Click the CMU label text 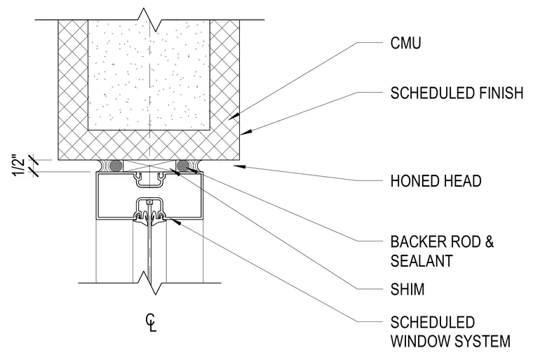(405, 44)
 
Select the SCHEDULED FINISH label (457, 93)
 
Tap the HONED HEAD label (436, 181)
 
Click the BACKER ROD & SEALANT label (442, 251)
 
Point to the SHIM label (407, 289)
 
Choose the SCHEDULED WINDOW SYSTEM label (450, 332)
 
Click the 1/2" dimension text (20, 166)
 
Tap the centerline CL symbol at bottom (151, 323)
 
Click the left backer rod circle (116, 166)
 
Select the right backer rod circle (183, 166)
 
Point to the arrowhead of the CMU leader (234, 116)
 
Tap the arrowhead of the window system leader (175, 222)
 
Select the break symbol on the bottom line (150, 283)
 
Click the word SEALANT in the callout (421, 261)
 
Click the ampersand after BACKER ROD (489, 241)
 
